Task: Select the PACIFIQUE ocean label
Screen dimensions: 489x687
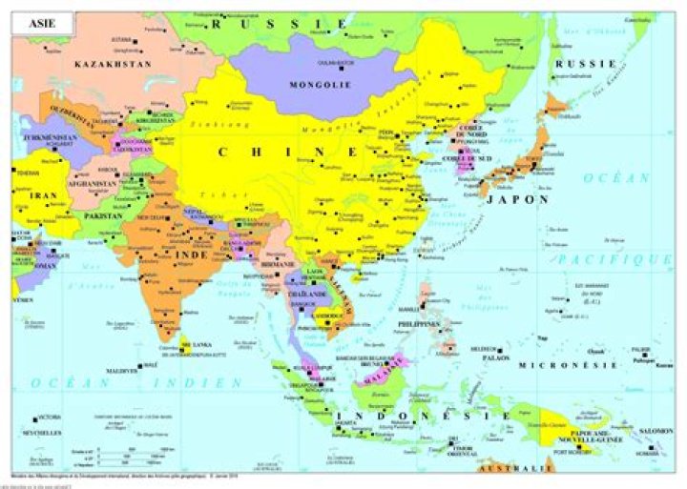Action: [x=614, y=259]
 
